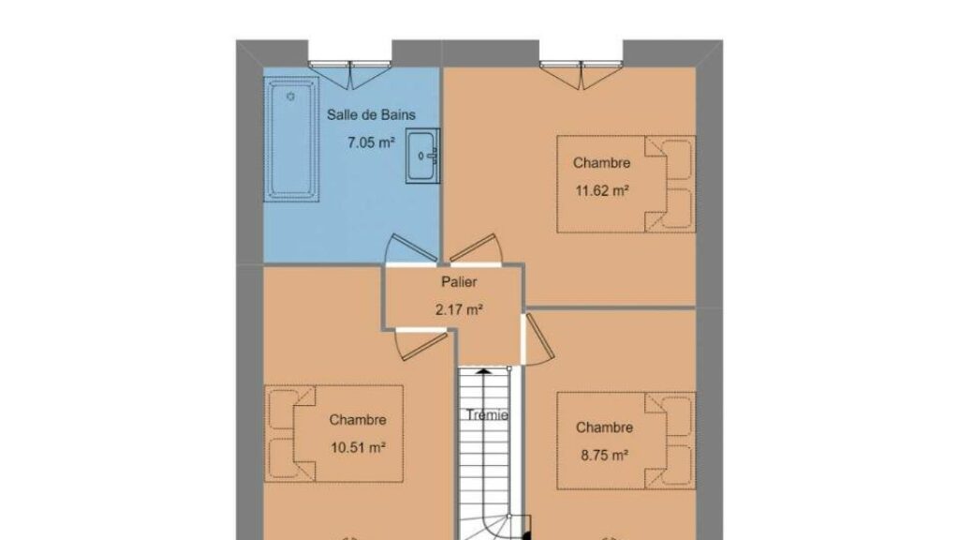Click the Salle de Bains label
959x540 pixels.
pyautogui.click(x=371, y=114)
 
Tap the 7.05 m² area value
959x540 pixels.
pyautogui.click(x=371, y=142)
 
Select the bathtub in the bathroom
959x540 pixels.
pyautogui.click(x=292, y=140)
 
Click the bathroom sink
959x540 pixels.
pyautogui.click(x=422, y=157)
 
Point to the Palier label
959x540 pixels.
pyautogui.click(x=459, y=282)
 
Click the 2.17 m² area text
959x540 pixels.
pyautogui.click(x=459, y=309)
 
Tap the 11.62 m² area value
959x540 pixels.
pyautogui.click(x=602, y=190)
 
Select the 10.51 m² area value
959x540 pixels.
pyautogui.click(x=358, y=447)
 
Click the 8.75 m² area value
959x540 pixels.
pyautogui.click(x=604, y=455)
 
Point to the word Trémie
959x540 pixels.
pyautogui.click(x=487, y=415)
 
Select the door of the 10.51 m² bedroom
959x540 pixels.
pyautogui.click(x=421, y=344)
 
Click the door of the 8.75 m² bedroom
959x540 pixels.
pyautogui.click(x=539, y=339)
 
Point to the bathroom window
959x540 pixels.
pyautogui.click(x=350, y=73)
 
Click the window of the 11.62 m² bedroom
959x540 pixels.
pyautogui.click(x=581, y=73)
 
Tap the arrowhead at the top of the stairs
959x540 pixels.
pyautogui.click(x=484, y=370)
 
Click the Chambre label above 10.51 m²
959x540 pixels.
pyautogui.click(x=358, y=420)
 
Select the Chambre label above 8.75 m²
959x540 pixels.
pyautogui.click(x=604, y=427)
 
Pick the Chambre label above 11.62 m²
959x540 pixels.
pyautogui.click(x=602, y=163)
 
